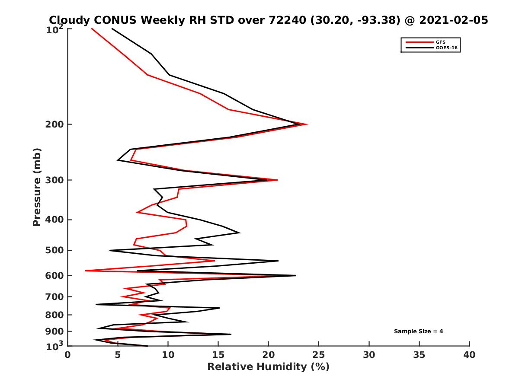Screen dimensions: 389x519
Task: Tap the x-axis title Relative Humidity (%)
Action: pos(268,367)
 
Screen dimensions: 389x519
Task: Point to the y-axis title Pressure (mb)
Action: pos(37,187)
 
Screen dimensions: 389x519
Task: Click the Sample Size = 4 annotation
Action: pos(418,332)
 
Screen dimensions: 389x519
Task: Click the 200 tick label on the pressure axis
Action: pos(55,124)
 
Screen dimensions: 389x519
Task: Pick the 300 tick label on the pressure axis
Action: pos(55,180)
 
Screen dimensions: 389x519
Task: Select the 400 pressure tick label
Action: pos(55,220)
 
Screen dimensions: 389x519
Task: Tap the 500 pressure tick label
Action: pos(55,250)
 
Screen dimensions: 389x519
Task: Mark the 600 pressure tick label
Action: pos(55,275)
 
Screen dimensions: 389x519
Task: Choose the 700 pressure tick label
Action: pos(55,297)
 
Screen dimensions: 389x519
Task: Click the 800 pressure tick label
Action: pos(55,315)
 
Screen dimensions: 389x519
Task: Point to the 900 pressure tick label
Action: pos(55,331)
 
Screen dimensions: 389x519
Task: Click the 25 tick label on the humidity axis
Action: pos(319,355)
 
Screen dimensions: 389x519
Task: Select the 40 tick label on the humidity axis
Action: pos(469,355)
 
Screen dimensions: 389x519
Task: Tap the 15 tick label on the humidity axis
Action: pos(218,355)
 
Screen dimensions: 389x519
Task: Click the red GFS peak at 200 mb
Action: pos(307,124)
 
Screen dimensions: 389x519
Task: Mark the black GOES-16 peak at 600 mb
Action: pos(296,275)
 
